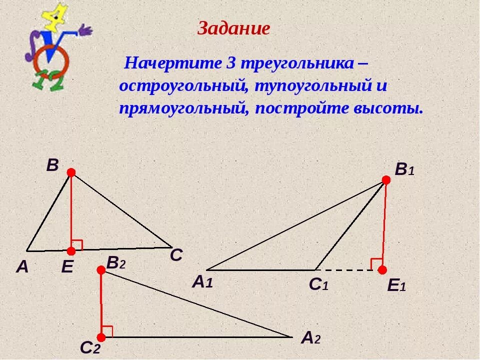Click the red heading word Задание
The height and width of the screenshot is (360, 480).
pyautogui.click(x=233, y=28)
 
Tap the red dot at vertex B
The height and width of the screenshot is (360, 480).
pyautogui.click(x=71, y=172)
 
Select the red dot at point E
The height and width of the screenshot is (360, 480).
pyautogui.click(x=71, y=250)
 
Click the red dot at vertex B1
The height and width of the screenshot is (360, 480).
pyautogui.click(x=386, y=180)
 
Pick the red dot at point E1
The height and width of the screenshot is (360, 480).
pyautogui.click(x=382, y=270)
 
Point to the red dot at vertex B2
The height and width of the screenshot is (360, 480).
pyautogui.click(x=101, y=270)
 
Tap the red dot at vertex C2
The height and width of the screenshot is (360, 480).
pyautogui.click(x=102, y=337)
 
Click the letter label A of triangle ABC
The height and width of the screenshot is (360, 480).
pyautogui.click(x=22, y=267)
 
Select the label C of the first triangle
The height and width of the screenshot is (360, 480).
pyautogui.click(x=176, y=256)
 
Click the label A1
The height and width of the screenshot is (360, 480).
pyautogui.click(x=202, y=282)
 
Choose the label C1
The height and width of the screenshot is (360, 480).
pyautogui.click(x=318, y=284)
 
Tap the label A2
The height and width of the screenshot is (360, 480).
pyautogui.click(x=310, y=338)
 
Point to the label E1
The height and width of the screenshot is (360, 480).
pyautogui.click(x=396, y=286)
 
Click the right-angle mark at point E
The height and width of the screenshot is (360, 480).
pyautogui.click(x=77, y=244)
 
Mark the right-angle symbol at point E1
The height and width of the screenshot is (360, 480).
pyautogui.click(x=375, y=263)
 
